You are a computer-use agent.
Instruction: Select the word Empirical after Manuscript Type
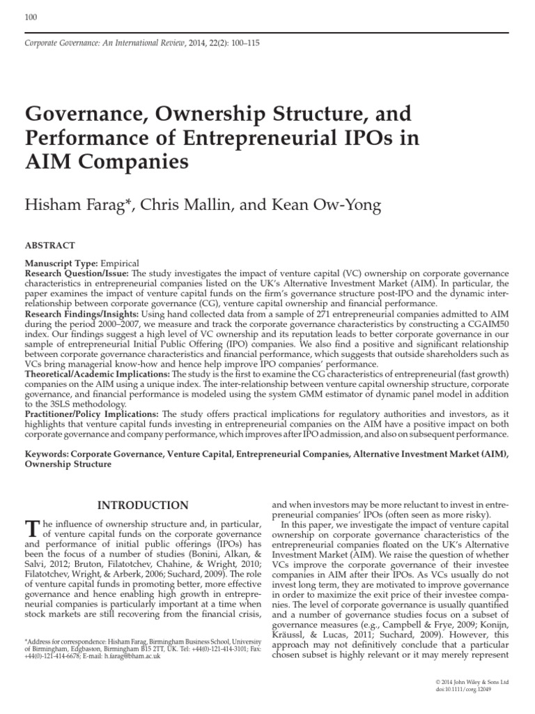pyautogui.click(x=121, y=264)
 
